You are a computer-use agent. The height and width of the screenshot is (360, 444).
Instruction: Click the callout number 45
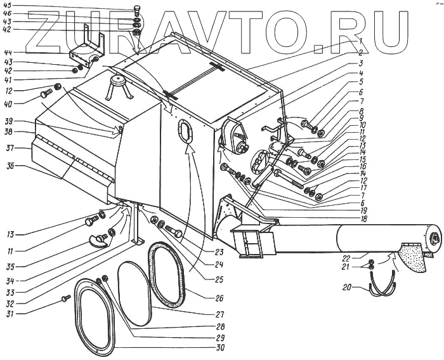tap(8, 6)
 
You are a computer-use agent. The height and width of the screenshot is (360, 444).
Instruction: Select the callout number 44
tap(8, 51)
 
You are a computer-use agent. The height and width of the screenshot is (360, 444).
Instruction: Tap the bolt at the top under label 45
tap(137, 10)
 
